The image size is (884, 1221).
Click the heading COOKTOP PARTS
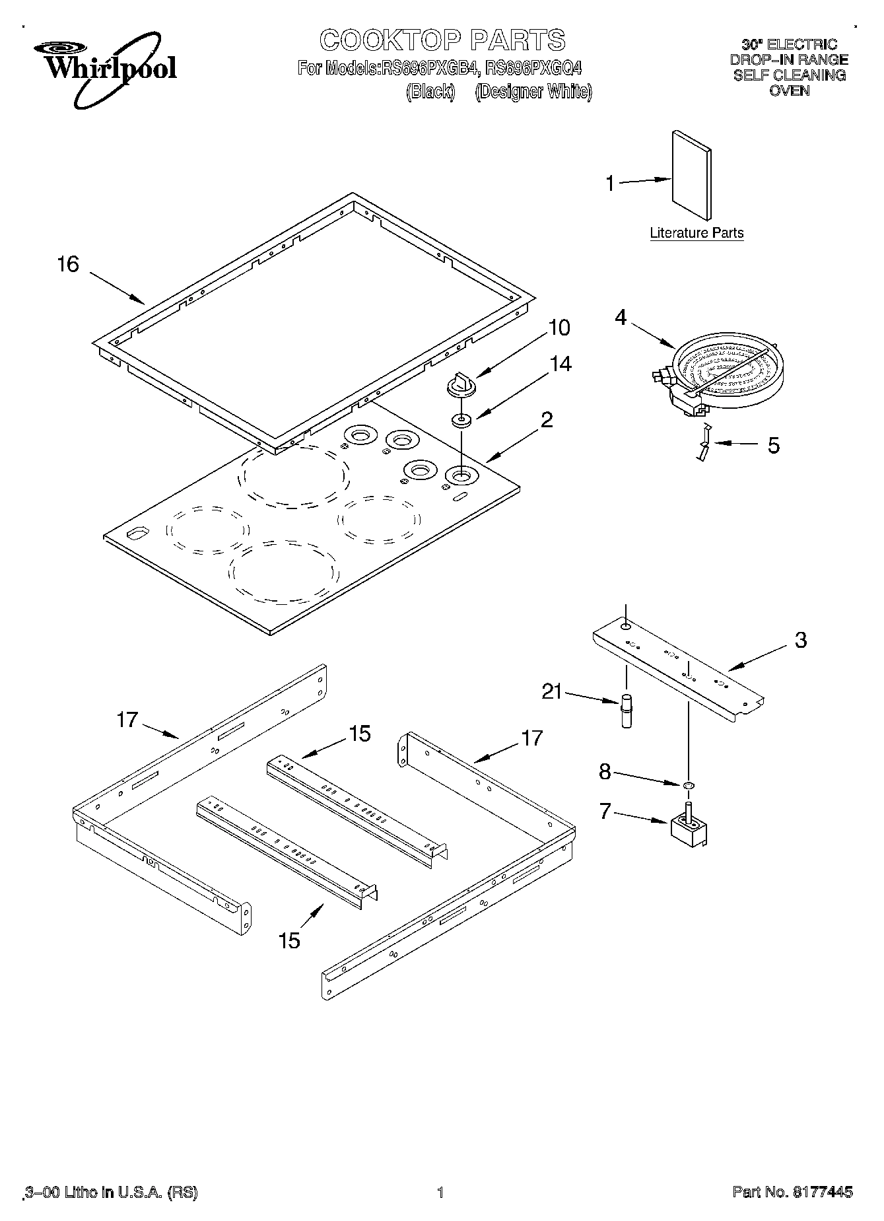click(442, 40)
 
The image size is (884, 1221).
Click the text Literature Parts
click(697, 232)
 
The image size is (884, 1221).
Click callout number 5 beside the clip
click(773, 445)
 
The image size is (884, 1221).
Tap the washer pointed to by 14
click(461, 420)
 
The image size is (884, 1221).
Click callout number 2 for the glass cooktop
click(547, 419)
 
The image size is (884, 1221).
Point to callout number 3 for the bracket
click(800, 639)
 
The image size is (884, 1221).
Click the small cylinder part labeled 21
click(627, 711)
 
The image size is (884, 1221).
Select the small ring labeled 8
click(688, 785)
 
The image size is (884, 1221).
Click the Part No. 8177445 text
click(792, 1192)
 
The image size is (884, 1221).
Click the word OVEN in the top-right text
click(790, 90)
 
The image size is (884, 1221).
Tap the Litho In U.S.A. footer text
click(111, 1192)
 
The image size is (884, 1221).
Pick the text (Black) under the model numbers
click(430, 91)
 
